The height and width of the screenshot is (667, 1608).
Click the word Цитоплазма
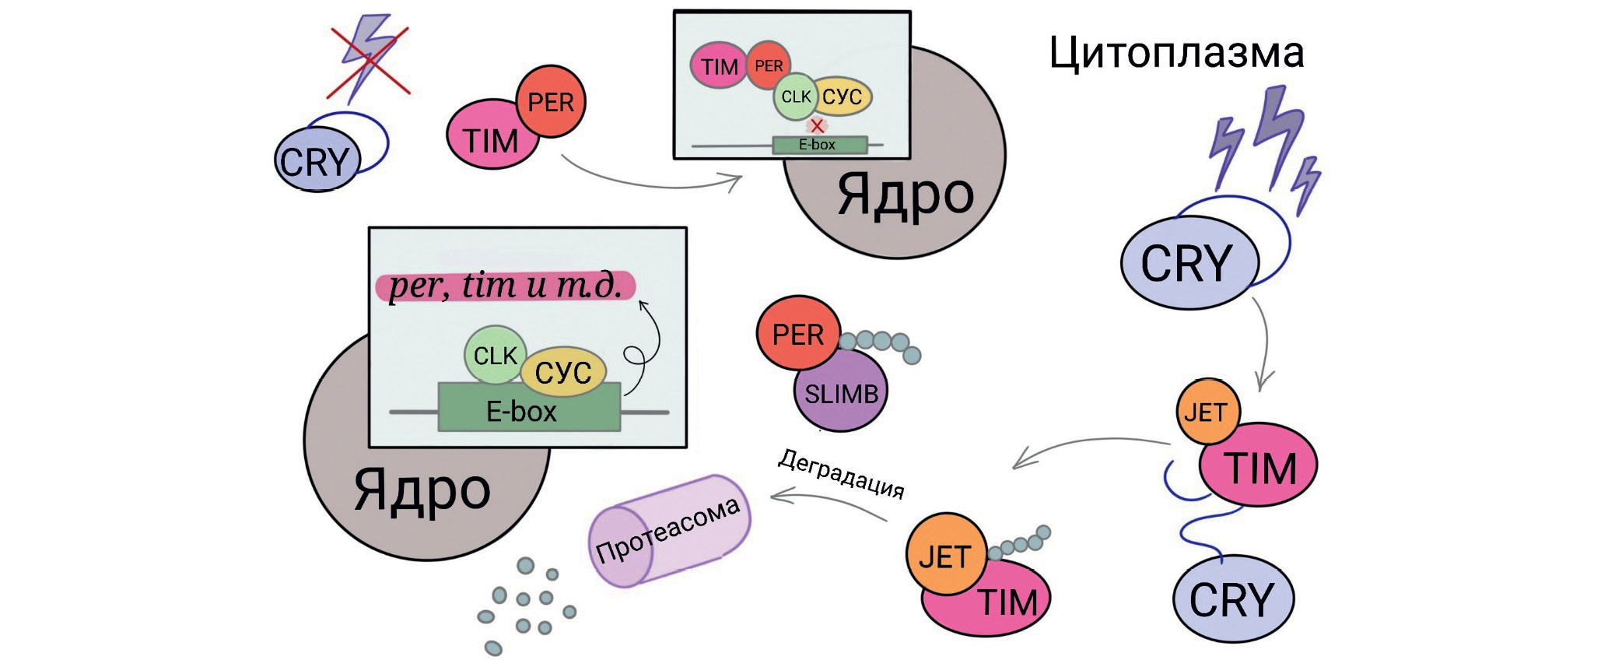pos(1175,53)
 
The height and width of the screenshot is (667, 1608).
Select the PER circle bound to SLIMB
pos(798,335)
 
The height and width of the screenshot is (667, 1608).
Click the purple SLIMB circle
pos(841,393)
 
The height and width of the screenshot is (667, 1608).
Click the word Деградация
pos(841,473)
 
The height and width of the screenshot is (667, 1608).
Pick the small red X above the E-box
pos(817,125)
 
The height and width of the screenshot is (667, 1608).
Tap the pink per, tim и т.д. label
pos(506,286)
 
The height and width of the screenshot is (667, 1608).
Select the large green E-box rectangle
pos(529,408)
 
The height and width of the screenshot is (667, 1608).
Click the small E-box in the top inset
pos(818,145)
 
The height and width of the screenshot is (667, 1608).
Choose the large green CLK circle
pos(495,355)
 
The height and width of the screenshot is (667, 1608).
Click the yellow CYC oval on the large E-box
pos(563,372)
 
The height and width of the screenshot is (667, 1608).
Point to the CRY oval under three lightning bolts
pos(1189,263)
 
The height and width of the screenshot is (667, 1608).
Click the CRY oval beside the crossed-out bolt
pos(317,162)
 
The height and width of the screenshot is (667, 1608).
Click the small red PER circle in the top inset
pos(769,65)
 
